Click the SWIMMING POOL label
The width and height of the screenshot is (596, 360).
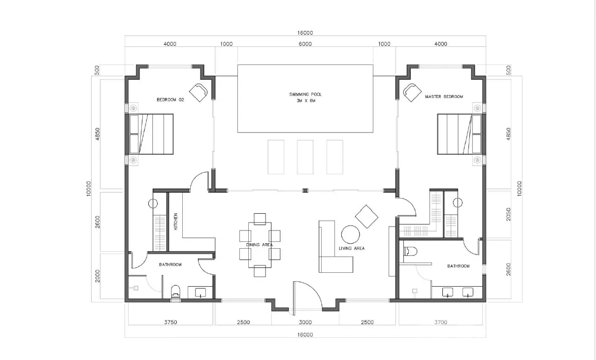pos(305,94)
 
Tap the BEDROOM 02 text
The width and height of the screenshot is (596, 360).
pos(170,100)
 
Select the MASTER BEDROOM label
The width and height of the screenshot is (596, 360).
pos(444,97)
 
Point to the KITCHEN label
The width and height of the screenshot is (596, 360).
pos(176,222)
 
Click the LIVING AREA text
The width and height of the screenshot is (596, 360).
pos(352,248)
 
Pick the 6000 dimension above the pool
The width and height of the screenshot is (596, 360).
pos(305,44)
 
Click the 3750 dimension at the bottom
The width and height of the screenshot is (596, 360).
pos(170,322)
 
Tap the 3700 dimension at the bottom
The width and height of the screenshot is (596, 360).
pos(441,322)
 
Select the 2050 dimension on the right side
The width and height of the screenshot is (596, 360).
pos(508,214)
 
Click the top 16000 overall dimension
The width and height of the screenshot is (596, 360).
pos(305,33)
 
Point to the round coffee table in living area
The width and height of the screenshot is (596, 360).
pos(350,234)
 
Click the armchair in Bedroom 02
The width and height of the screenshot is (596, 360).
pos(198,93)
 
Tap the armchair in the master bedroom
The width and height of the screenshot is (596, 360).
pos(412,93)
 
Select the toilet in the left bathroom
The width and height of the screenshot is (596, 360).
pos(175,292)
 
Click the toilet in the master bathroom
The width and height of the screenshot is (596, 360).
pos(410,251)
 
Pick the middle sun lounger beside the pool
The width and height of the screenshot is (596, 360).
pos(305,157)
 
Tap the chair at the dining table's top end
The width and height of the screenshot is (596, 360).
pos(260,219)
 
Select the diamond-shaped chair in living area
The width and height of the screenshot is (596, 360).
pos(366,216)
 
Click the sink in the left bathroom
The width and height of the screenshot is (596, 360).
pos(200,293)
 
